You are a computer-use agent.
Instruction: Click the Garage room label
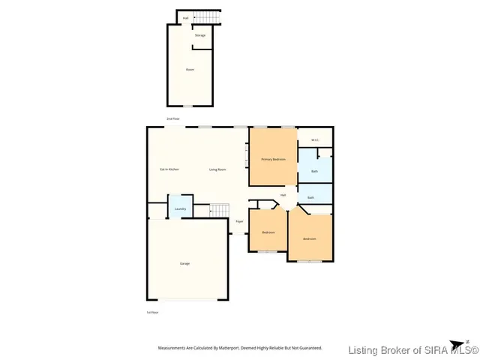184,264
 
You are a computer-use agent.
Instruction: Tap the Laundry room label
180,208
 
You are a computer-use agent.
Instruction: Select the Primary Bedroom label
273,160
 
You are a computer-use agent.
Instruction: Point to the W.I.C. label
315,139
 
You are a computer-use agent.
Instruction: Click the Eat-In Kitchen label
169,169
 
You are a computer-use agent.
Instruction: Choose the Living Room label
217,169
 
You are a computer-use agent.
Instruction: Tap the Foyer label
239,222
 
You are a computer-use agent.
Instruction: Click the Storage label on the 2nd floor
200,35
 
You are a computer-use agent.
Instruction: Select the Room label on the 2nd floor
190,70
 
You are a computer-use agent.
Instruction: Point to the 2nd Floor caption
172,119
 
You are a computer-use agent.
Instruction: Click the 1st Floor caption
152,312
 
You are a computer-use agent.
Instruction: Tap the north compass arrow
466,342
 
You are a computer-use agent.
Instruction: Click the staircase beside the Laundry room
218,209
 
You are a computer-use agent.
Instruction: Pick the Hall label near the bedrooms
283,195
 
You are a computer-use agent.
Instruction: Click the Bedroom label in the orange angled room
309,238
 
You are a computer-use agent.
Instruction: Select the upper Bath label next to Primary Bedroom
314,171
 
